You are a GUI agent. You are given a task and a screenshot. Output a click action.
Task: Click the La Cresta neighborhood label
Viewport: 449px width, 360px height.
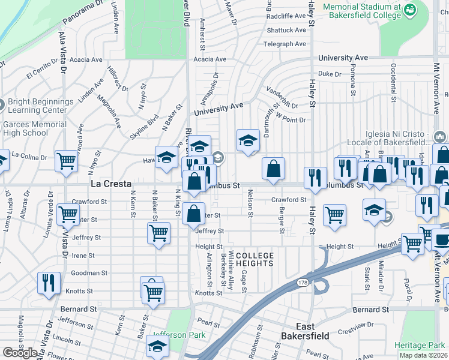[111, 183]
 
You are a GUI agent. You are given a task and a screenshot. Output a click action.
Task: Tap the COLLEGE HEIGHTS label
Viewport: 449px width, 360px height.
[255, 260]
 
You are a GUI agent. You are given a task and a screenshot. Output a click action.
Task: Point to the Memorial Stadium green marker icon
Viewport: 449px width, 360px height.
[409, 10]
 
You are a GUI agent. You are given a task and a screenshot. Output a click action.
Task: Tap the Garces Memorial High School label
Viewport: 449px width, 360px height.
[34, 128]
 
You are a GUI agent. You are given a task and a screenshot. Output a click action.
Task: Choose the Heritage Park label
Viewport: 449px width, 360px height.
[420, 345]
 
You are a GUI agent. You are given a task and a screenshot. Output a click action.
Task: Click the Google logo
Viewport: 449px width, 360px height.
[20, 353]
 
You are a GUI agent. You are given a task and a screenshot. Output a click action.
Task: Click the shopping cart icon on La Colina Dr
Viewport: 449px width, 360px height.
[66, 161]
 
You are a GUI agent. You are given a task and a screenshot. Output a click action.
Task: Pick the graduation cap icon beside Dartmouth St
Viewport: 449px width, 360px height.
[247, 140]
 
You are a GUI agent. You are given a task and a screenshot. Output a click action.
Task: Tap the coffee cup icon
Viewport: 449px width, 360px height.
[443, 240]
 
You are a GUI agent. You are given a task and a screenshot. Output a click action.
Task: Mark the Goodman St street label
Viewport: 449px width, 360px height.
[89, 272]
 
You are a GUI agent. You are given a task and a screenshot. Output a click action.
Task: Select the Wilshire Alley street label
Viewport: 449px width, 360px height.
[231, 268]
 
